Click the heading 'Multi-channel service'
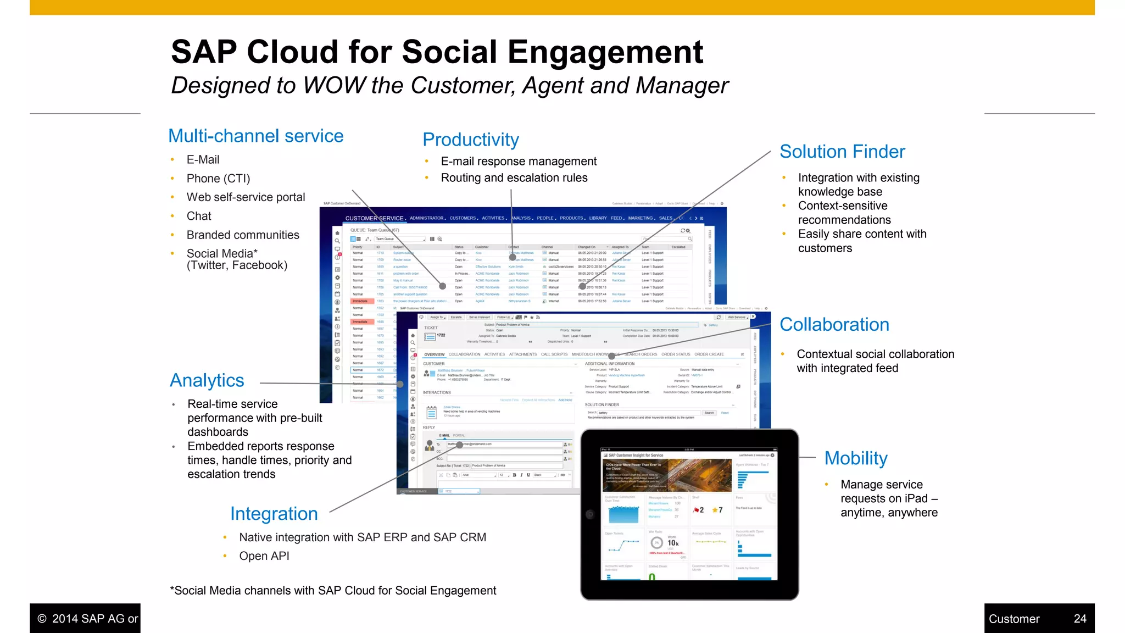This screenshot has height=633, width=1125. (255, 136)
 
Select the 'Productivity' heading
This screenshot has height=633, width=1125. (471, 140)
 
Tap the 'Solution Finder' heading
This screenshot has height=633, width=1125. (842, 152)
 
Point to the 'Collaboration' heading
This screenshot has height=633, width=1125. (834, 325)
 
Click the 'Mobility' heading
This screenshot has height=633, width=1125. (856, 458)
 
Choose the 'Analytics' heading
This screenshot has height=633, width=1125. (207, 380)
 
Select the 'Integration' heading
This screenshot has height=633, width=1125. (274, 514)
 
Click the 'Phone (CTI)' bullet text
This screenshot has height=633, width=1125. (218, 179)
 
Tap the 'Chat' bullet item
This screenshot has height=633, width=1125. (199, 216)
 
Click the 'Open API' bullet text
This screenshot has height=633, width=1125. (264, 556)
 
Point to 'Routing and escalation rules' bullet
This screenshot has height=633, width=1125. (514, 178)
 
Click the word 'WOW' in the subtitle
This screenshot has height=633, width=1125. (334, 86)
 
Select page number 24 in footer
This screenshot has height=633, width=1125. (1080, 619)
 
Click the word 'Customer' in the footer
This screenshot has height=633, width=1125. (1014, 619)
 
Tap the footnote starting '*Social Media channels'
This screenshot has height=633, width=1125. (333, 591)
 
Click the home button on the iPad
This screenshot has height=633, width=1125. (590, 515)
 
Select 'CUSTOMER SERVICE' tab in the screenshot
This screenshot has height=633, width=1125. (375, 218)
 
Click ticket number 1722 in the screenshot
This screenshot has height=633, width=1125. (441, 335)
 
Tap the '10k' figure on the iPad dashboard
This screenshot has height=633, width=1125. (673, 543)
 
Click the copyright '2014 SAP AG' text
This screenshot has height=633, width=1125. (94, 619)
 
